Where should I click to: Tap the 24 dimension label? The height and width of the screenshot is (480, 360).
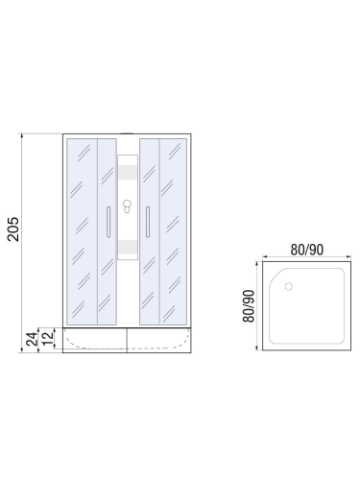pos(32,338)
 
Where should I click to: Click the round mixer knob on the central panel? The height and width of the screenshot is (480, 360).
pos(127,205)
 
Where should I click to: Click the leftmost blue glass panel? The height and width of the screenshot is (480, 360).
pos(82,230)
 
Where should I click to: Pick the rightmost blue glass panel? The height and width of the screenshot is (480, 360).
pos(174,230)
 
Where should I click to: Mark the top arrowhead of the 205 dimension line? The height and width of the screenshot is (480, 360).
pos(20,137)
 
